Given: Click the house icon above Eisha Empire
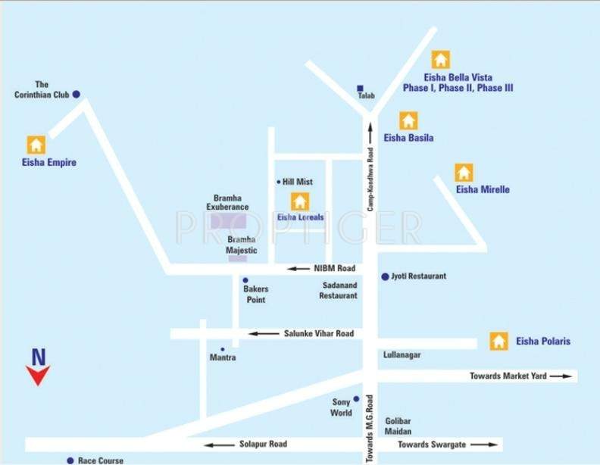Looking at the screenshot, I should (x=36, y=145).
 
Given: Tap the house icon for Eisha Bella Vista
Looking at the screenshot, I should (x=441, y=60).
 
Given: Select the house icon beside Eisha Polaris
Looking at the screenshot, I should (x=498, y=342).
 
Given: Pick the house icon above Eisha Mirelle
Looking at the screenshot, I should (x=464, y=173).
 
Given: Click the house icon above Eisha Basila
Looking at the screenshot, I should (x=408, y=120).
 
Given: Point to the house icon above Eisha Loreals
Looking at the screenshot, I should (x=300, y=201).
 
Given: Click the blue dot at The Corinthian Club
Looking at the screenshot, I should (x=76, y=95).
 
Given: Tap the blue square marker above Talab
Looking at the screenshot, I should (x=361, y=87).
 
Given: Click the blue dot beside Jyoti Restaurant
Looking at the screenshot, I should (x=385, y=276).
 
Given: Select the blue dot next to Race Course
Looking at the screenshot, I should (x=70, y=460).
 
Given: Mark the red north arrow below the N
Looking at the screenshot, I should (x=37, y=375).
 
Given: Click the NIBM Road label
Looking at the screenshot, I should (x=333, y=268).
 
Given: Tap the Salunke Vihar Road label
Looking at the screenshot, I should (x=318, y=333).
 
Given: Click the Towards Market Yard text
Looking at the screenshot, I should (x=508, y=376).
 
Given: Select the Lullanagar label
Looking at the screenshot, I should (x=402, y=354).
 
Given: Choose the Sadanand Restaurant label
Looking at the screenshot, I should (x=339, y=291).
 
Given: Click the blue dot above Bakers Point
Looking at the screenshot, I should (x=245, y=280).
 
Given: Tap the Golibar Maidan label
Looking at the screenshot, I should (x=398, y=426).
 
